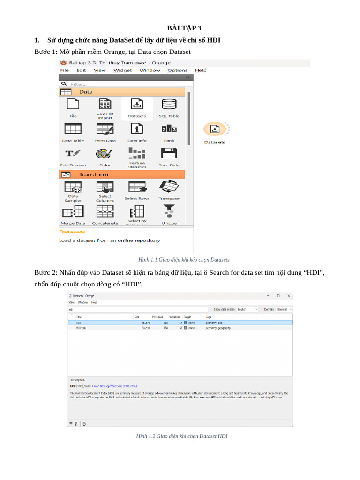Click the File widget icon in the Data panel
pos(73,105)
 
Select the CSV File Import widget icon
pos(105,104)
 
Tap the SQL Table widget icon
pos(169,104)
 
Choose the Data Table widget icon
pos(73,128)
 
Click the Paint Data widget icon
pos(105,128)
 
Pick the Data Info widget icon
pos(137,128)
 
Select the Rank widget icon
pos(169,129)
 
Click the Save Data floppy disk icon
pos(169,153)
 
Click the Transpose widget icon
pos(169,187)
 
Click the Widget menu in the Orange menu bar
pos(122,70)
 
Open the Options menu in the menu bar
pos(177,70)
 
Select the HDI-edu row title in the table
pos(81,328)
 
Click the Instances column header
pos(157,317)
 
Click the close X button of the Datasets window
pos(289,296)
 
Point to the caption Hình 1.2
pos(181,436)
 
